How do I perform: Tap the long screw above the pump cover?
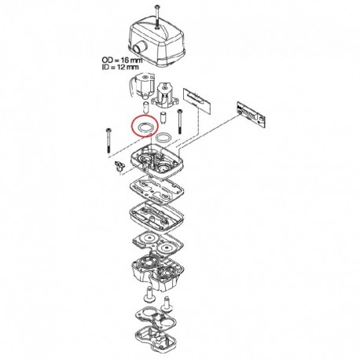(156, 17)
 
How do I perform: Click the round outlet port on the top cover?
(138, 49)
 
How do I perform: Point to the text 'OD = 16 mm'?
(122, 61)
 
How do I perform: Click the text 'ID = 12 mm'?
(120, 67)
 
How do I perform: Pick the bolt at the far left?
(108, 141)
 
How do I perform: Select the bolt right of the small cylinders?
(180, 121)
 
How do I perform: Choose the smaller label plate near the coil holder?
(197, 100)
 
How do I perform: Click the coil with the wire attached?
(143, 86)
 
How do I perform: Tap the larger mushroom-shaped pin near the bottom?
(149, 294)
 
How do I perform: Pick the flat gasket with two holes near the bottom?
(156, 318)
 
